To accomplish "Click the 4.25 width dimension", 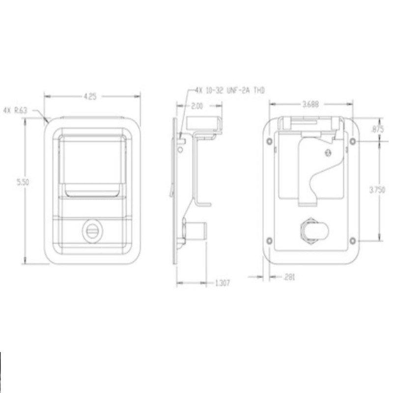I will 90,97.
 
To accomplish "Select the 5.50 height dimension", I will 24,182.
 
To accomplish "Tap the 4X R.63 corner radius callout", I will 15,111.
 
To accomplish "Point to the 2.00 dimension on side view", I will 197,106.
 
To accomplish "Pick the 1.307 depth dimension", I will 223,283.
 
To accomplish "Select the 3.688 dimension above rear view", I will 310,104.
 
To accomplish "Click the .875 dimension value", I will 378,130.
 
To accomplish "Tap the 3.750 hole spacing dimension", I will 378,190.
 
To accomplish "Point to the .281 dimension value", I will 289,278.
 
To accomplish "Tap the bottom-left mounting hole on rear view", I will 269,240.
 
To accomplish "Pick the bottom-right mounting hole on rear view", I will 353,240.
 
